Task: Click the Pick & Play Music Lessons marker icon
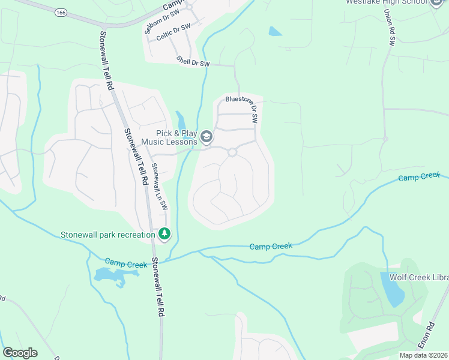coord(206,137)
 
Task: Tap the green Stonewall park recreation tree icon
coord(164,233)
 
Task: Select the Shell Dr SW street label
coord(193,61)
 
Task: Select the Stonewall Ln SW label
coord(158,187)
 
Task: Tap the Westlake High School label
coord(387,2)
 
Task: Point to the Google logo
coord(20,353)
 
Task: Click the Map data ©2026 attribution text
coord(424,355)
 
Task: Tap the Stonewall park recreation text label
coord(107,235)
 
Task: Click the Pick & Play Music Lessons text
coord(169,137)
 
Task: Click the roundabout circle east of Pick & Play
coord(232,153)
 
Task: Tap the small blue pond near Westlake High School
coord(276,31)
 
